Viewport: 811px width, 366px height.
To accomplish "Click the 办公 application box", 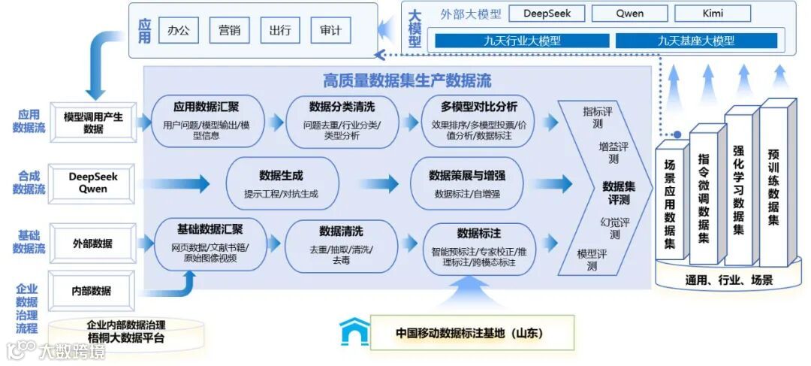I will (179, 31).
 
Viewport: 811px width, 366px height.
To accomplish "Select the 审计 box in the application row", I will (330, 31).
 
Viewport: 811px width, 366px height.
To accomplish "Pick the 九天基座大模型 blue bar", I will (696, 41).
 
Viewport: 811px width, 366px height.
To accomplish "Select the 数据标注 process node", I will (478, 248).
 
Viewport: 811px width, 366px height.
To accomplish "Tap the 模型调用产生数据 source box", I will (93, 123).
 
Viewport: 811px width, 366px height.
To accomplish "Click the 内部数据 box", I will (92, 291).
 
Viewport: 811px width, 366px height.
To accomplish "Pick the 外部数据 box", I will (92, 243).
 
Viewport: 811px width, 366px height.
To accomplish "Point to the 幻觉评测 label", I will (615, 228).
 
